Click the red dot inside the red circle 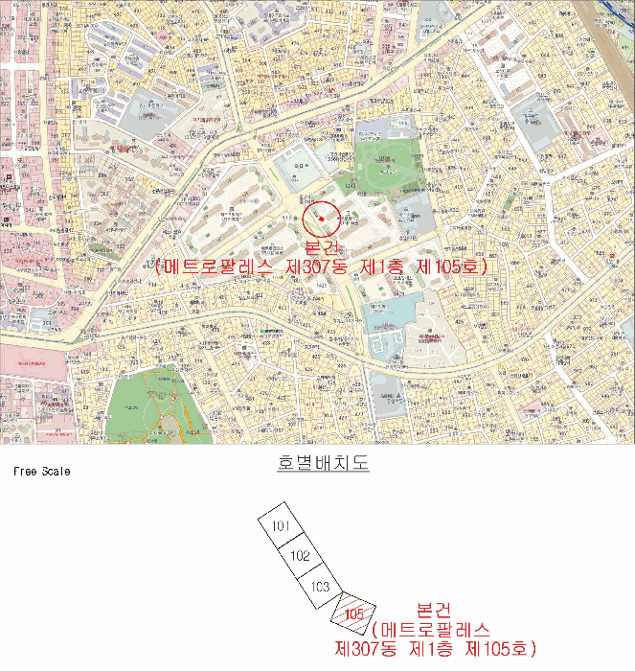coord(322,219)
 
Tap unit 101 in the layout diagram coord(281,526)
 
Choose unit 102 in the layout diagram coord(300,556)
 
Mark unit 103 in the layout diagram coord(320,586)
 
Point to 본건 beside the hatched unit coord(435,611)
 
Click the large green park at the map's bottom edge coord(158,406)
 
